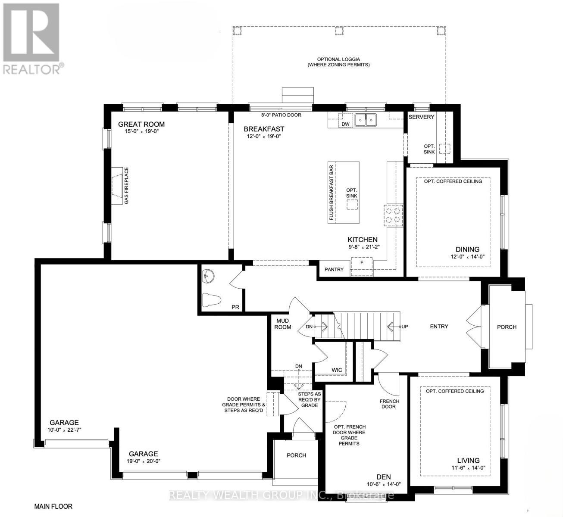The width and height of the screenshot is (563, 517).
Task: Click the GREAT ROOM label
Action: click(x=141, y=124)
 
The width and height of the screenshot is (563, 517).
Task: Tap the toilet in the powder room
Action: click(x=212, y=300)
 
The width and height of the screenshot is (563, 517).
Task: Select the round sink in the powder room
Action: click(x=208, y=276)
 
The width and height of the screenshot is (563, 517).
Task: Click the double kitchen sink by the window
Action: click(x=366, y=120)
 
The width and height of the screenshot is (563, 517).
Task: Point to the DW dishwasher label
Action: click(x=345, y=124)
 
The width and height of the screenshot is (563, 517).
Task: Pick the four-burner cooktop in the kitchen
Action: click(x=393, y=215)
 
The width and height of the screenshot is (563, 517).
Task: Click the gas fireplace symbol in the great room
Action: click(x=117, y=186)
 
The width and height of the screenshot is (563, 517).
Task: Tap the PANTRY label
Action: click(x=334, y=270)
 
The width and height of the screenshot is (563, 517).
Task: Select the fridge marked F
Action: click(x=362, y=266)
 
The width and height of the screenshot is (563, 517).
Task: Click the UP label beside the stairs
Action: click(x=405, y=327)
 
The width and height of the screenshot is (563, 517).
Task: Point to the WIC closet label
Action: click(x=337, y=370)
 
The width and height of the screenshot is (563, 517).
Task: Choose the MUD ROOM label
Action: click(x=283, y=324)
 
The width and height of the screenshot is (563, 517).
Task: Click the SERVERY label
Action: click(x=421, y=117)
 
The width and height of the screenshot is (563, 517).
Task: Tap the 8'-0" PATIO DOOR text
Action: click(x=281, y=115)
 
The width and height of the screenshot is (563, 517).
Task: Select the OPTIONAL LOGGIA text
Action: click(x=338, y=59)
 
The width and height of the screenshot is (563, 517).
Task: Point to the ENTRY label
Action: click(x=439, y=326)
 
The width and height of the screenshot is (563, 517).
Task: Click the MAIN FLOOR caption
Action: click(x=53, y=506)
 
